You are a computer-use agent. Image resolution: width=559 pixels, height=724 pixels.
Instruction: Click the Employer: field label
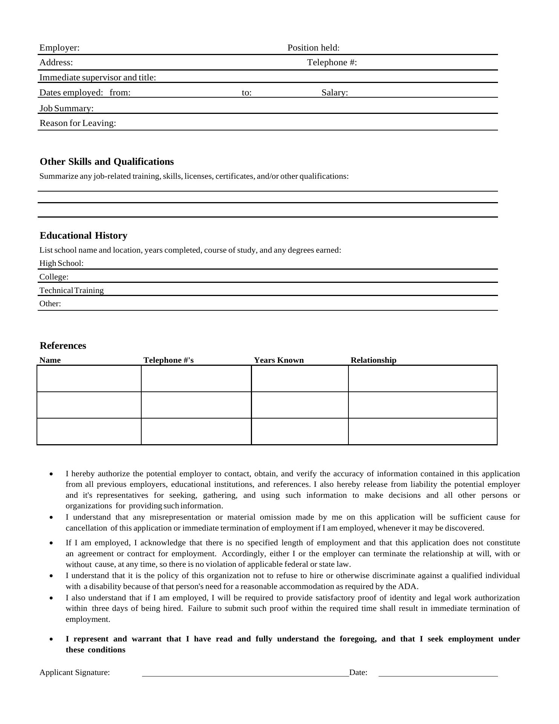pos(60,48)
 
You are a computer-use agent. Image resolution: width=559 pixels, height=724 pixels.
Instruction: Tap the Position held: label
pos(313,48)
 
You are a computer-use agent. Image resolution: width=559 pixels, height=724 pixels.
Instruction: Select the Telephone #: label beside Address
pos(332,63)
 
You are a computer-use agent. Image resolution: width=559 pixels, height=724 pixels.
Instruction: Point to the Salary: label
pos(334,93)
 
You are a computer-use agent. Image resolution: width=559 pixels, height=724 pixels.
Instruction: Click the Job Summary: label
pos(67,109)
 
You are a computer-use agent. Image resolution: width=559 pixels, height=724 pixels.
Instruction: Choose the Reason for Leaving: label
pos(78,123)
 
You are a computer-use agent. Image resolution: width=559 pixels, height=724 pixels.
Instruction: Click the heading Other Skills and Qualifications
pos(107,162)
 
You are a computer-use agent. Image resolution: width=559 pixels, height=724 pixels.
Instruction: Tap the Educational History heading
pos(83,236)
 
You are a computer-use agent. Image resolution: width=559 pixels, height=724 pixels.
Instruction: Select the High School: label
pos(61,264)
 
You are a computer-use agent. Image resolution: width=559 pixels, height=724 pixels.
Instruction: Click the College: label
pos(54,277)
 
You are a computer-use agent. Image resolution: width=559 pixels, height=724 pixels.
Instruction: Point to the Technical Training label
pos(72,291)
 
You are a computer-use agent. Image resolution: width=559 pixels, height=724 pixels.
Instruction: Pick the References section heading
pos(63,346)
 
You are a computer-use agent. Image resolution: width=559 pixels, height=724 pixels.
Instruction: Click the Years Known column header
pos(279,360)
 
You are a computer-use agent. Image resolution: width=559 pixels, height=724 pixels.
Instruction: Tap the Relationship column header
pos(373,360)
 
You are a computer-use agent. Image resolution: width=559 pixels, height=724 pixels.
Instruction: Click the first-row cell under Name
pos(89,379)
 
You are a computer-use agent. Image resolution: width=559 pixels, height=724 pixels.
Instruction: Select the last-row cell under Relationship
pos(423,431)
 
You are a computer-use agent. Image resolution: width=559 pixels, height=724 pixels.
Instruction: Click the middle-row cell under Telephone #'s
pos(196,405)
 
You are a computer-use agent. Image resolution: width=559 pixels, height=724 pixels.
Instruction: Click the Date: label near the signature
pos(358,673)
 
